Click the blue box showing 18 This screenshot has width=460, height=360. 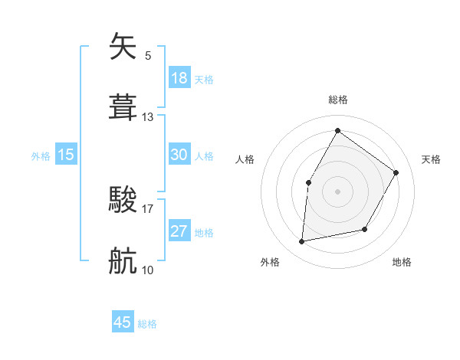pos(179,77)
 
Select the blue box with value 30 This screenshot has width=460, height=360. pos(179,155)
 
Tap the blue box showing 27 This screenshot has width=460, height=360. pos(179,232)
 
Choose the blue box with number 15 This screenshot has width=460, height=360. pos(66,155)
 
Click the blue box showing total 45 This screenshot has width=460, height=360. pos(123,322)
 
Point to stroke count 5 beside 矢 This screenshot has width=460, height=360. pos(148,55)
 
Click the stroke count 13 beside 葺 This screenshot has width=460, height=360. pos(148,117)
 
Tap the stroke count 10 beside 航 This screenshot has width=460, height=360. pos(148,270)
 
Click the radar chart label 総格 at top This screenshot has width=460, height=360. pos(337,100)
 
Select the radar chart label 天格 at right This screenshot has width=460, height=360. pos(431,159)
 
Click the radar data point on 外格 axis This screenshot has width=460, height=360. pos(302,241)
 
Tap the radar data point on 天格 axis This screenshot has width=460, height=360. pos(396,172)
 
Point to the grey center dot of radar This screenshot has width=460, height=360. pos(337,191)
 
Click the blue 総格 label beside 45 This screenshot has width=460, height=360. pos(147,324)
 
